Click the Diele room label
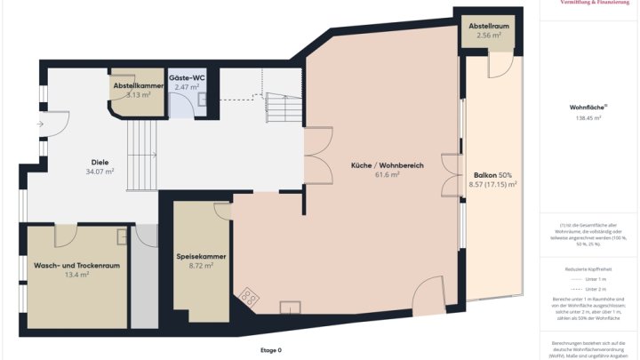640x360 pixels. [x=100, y=162]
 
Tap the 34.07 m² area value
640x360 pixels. [x=100, y=172]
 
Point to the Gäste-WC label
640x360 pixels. [x=187, y=78]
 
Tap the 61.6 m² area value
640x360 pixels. [x=387, y=175]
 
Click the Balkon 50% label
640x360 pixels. [x=492, y=175]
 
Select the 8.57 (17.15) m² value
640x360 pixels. [x=492, y=185]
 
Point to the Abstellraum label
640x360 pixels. [x=489, y=27]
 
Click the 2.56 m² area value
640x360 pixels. [x=489, y=36]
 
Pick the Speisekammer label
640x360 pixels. [x=201, y=256]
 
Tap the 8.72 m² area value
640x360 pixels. [x=201, y=266]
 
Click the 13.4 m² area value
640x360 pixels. [x=76, y=276]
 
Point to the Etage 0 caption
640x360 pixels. [x=270, y=350]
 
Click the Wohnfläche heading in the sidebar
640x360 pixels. [x=588, y=108]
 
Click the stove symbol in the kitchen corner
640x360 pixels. [x=246, y=298]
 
